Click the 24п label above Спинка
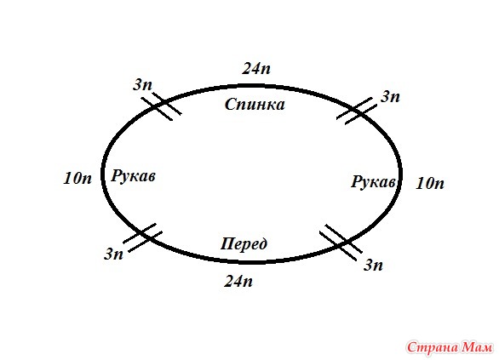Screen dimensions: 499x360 pyautogui.click(x=256, y=68)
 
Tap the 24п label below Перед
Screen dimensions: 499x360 pyautogui.click(x=238, y=281)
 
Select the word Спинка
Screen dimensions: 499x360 pyautogui.click(x=255, y=105)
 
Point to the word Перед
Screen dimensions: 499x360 pyautogui.click(x=244, y=244)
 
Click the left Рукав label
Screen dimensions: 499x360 pyautogui.click(x=133, y=176)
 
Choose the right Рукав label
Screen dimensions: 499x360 pyautogui.click(x=373, y=182)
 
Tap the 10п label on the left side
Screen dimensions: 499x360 pyautogui.click(x=77, y=178)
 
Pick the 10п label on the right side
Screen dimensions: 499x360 pyautogui.click(x=430, y=184)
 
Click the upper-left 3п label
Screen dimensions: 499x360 pyautogui.click(x=142, y=84)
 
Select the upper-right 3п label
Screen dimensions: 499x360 pyautogui.click(x=390, y=96)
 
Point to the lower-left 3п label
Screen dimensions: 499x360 pyautogui.click(x=113, y=254)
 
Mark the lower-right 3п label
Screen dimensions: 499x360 pyautogui.click(x=373, y=265)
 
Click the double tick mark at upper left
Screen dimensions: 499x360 pyautogui.click(x=161, y=106)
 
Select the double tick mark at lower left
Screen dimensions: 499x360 pyautogui.click(x=142, y=237)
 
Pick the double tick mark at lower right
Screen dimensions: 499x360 pyautogui.click(x=341, y=243)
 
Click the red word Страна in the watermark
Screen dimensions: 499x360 pyautogui.click(x=433, y=347)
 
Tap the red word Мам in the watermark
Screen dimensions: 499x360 pyautogui.click(x=478, y=347)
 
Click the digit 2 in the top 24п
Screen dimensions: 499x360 pyautogui.click(x=247, y=68)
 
